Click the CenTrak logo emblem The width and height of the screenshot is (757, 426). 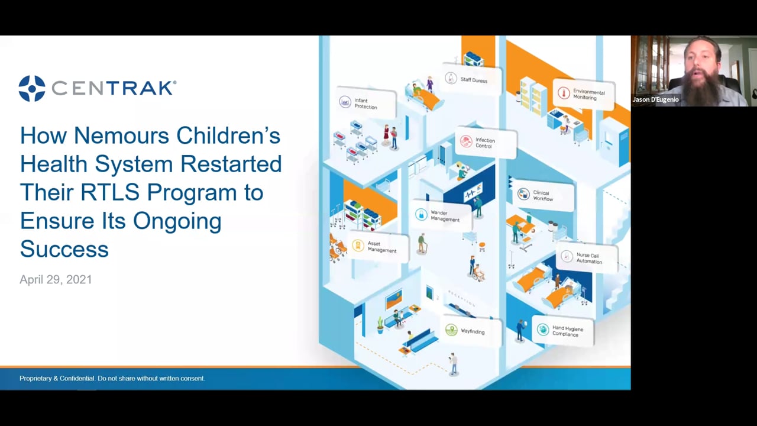point(32,88)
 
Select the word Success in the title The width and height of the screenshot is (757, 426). point(64,249)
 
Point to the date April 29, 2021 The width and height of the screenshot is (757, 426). point(56,280)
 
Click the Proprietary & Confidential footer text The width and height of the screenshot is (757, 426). point(112,378)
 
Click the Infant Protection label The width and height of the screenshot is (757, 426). point(365,104)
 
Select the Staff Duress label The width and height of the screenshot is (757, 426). point(474,80)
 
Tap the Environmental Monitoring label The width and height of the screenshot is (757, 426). point(588,95)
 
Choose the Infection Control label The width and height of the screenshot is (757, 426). point(485,143)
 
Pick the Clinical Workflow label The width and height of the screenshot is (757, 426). point(543,196)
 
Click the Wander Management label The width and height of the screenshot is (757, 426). point(445,216)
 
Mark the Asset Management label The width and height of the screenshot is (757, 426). point(381,247)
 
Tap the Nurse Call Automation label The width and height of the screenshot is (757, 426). point(589,259)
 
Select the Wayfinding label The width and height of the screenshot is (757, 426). point(473,331)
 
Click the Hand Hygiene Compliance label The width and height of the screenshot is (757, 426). point(567,331)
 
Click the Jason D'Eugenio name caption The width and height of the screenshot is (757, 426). point(655,100)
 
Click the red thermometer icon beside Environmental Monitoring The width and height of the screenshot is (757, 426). point(563,93)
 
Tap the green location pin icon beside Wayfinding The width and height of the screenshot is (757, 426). point(451,331)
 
